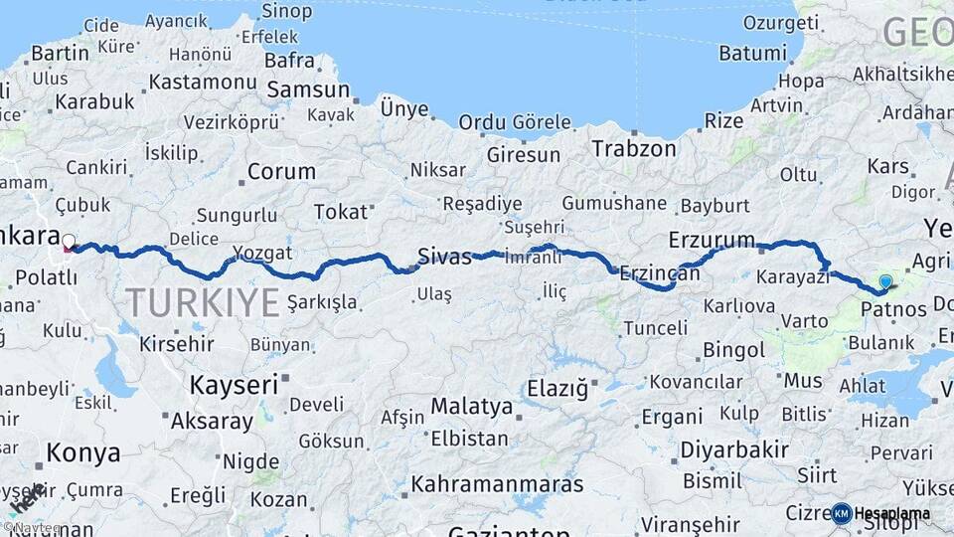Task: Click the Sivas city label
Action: coord(444,256)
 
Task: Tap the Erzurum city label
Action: coord(713,240)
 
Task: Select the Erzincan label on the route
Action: coord(660,272)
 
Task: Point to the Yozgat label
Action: coord(262,252)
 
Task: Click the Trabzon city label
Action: coord(634,148)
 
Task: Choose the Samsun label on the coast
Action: coord(308,89)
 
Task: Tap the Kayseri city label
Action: coord(234,384)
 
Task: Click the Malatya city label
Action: coord(471,406)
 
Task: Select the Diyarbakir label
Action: coord(734,449)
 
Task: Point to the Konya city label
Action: coord(83,453)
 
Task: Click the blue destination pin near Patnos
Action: coord(885,282)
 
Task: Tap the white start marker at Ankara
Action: coord(69,242)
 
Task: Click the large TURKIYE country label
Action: coord(203,302)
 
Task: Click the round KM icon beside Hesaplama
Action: coord(842,513)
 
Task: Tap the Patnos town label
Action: coord(893,309)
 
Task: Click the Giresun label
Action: coord(523,155)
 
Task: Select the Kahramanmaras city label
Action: coord(497,484)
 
